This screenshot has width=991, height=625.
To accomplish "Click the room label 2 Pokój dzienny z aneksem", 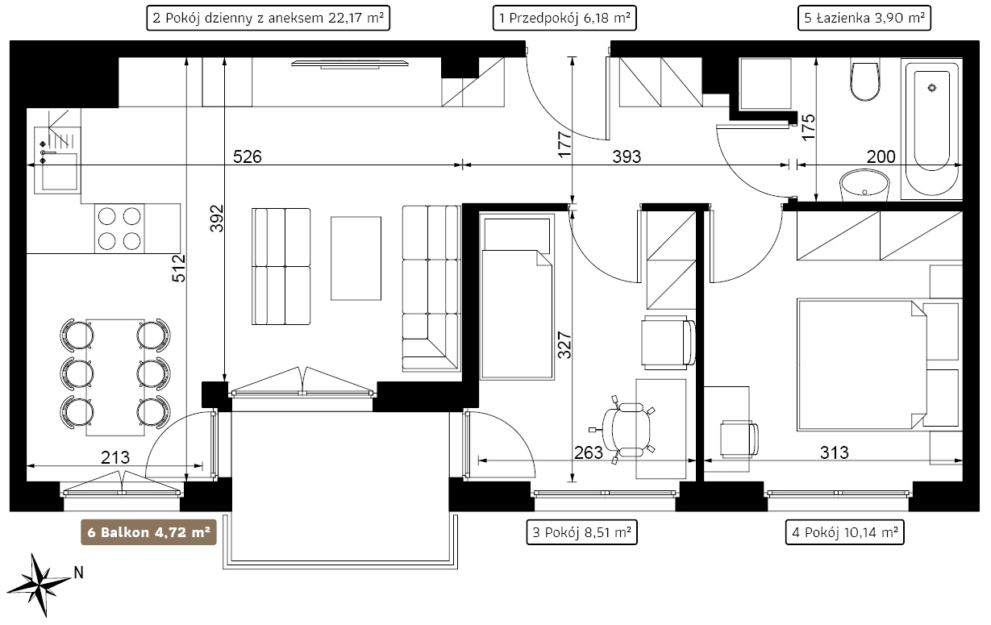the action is click(x=268, y=18).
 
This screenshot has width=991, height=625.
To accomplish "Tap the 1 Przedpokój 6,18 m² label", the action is click(x=564, y=18).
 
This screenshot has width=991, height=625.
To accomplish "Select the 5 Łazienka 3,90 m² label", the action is click(x=864, y=18).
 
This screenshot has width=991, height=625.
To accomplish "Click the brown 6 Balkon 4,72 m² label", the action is click(x=148, y=532).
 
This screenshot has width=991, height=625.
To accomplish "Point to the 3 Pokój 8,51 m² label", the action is click(x=581, y=532).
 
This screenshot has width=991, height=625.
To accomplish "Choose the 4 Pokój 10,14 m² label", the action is click(x=844, y=532).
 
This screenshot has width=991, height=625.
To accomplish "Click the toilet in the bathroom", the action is click(x=865, y=81).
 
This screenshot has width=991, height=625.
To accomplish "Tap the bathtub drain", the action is click(x=932, y=88).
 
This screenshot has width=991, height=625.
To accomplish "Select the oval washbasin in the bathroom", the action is click(x=864, y=185).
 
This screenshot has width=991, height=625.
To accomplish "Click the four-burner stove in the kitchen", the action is click(x=119, y=229).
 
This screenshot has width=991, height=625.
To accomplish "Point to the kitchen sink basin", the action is click(x=60, y=172).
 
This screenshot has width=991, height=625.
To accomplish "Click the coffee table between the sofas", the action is click(x=356, y=258).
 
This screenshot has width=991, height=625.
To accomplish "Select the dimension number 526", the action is click(x=248, y=156).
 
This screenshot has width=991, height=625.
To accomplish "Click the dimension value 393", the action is click(x=627, y=156).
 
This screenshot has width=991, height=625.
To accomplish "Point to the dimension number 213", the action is click(x=115, y=457).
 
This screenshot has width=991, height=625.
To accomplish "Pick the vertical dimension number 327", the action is click(x=564, y=345).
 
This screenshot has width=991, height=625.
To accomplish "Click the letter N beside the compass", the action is click(x=78, y=573).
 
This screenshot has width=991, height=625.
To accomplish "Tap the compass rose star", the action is click(x=40, y=585).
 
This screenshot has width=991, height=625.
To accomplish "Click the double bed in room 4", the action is click(x=862, y=365).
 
